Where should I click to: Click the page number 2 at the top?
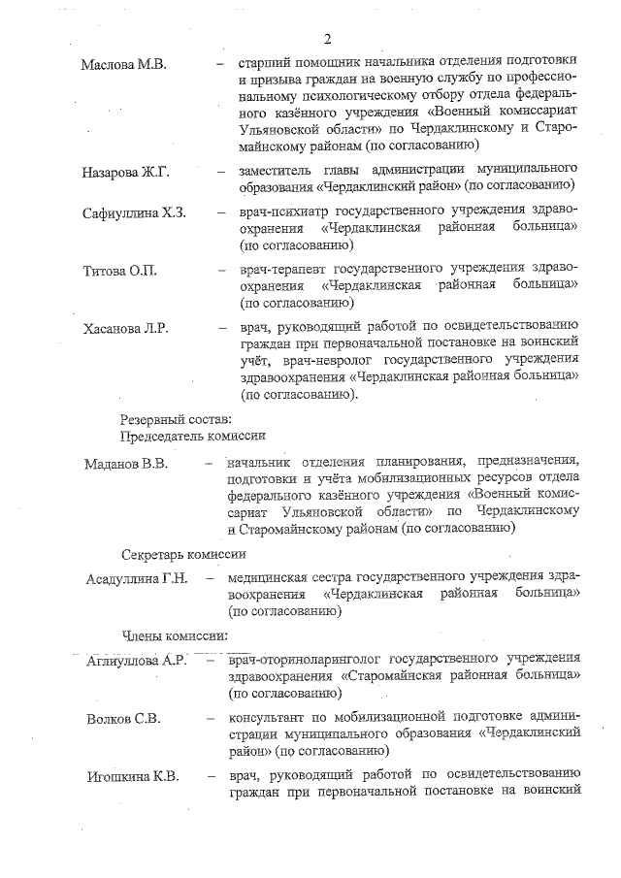(328, 39)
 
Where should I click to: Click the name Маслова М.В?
(124, 64)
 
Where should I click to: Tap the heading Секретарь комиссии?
(183, 554)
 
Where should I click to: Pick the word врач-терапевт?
(281, 267)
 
